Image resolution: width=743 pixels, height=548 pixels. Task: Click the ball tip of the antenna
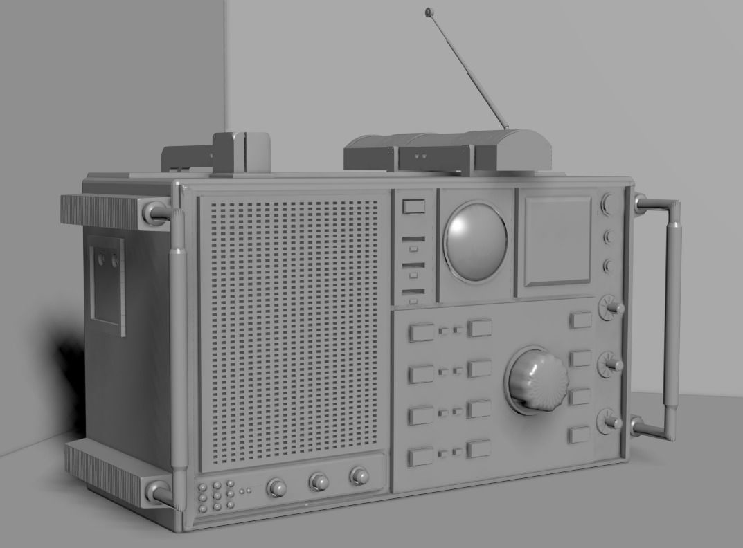(x=428, y=11)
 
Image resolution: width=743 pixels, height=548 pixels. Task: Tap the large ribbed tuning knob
(x=537, y=381)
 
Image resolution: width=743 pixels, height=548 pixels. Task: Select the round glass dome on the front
(x=476, y=241)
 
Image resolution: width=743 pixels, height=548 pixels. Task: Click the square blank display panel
(x=557, y=241)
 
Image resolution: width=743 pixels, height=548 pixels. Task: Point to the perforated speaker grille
(x=293, y=331)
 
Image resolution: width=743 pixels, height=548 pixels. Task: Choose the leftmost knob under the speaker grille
(x=277, y=488)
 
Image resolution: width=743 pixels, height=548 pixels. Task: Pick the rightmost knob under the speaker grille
(x=359, y=475)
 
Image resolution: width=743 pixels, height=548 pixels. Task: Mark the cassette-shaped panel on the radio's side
(x=106, y=282)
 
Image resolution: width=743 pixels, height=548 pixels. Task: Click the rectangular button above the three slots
(x=413, y=206)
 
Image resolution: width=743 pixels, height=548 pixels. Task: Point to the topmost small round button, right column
(x=608, y=203)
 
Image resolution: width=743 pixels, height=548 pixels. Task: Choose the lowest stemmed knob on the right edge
(x=610, y=421)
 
